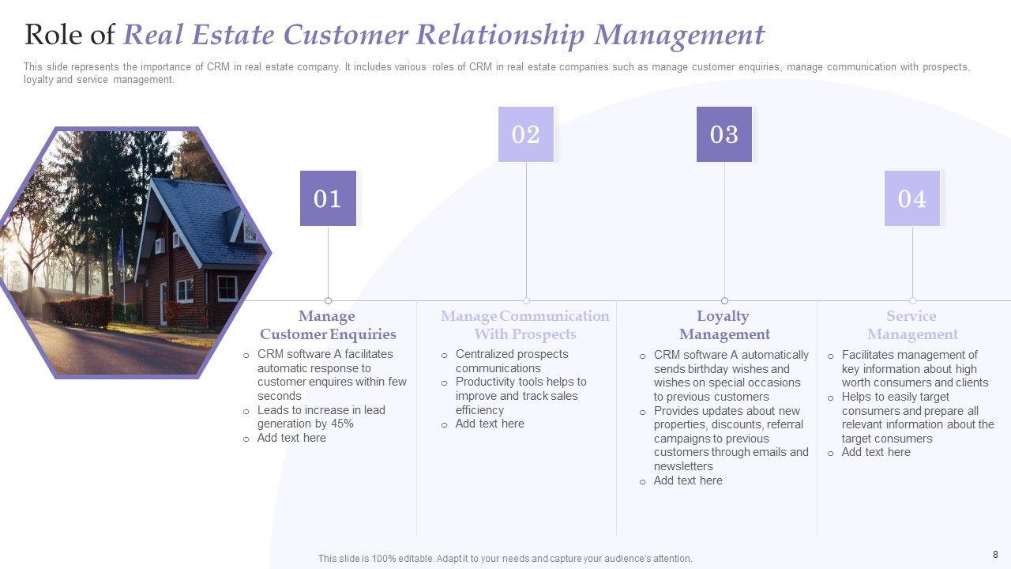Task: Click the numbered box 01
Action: (328, 198)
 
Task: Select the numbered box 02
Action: (526, 134)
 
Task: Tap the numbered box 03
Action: (724, 134)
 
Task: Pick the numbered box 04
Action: (912, 198)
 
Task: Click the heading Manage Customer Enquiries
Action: (328, 325)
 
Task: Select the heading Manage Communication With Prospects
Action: (525, 325)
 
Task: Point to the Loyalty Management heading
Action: (724, 325)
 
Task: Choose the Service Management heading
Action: (912, 325)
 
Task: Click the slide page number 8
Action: (995, 555)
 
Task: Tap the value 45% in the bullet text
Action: (341, 424)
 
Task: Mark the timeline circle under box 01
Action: (328, 300)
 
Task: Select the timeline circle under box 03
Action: (724, 300)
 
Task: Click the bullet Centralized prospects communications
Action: (512, 361)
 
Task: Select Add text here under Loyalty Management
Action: (688, 480)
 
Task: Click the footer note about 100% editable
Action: (505, 559)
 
